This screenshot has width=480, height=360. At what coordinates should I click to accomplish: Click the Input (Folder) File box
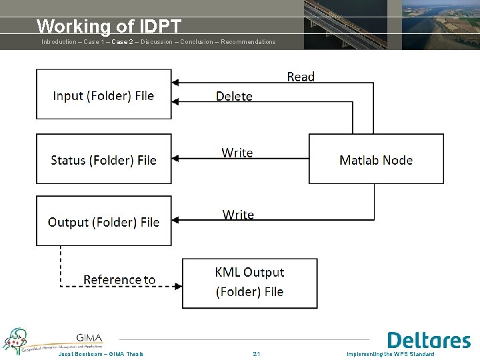(x=103, y=95)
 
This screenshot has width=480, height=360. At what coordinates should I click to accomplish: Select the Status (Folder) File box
(x=103, y=159)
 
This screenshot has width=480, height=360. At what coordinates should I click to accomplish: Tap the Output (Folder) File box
(x=103, y=221)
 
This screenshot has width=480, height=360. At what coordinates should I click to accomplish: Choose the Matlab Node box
(x=376, y=159)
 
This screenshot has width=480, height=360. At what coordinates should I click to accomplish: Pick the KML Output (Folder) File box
(x=249, y=282)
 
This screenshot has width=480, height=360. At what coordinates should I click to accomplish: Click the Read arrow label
(x=300, y=77)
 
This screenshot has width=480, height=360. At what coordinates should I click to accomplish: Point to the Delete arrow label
(x=234, y=97)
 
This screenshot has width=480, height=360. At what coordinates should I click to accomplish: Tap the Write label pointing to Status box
(x=237, y=153)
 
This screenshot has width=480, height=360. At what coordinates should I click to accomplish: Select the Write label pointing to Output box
(x=238, y=215)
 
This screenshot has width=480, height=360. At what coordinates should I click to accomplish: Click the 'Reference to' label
(x=119, y=279)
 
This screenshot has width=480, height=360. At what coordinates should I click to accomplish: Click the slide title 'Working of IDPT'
(x=109, y=26)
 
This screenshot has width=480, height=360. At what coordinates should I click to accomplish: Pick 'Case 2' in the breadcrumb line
(x=122, y=42)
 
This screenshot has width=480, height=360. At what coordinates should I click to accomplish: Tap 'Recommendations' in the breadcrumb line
(x=248, y=42)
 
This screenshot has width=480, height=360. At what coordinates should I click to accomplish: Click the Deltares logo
(x=429, y=340)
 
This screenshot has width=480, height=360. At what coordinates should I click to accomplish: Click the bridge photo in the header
(x=345, y=25)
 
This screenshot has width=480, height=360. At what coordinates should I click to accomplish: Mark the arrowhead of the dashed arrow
(x=178, y=286)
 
